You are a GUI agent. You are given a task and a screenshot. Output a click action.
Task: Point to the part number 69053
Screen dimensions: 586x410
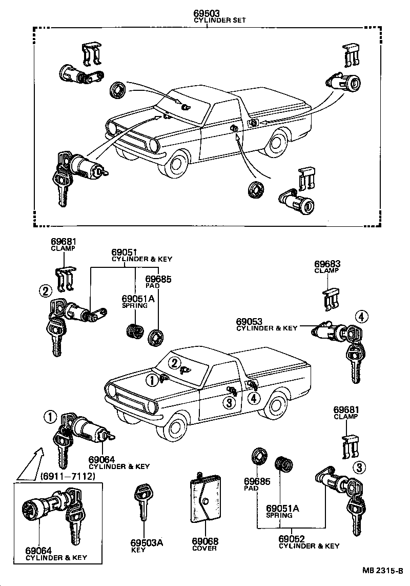[249, 321]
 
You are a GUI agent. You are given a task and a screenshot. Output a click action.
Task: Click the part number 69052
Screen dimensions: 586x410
[292, 539]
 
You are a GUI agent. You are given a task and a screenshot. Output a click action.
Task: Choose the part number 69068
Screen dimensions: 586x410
[205, 541]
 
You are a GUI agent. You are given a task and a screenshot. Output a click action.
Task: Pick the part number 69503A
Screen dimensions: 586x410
[146, 543]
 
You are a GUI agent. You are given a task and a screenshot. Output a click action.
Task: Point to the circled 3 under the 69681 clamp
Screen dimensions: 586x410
[359, 467]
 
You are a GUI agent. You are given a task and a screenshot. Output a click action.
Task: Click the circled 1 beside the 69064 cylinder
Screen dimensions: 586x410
[49, 417]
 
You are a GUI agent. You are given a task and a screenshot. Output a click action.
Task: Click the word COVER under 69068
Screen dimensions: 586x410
[204, 548]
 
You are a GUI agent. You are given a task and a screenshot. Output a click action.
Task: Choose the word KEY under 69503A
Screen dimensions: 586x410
[138, 550]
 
